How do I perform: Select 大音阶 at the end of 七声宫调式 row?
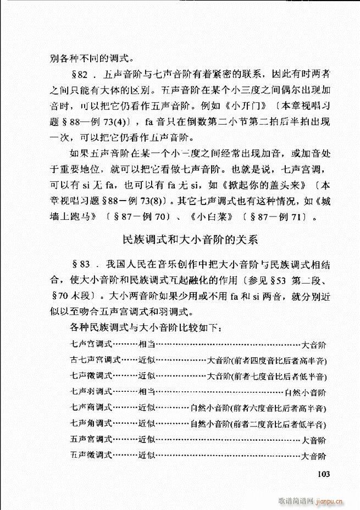(x=314, y=345)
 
